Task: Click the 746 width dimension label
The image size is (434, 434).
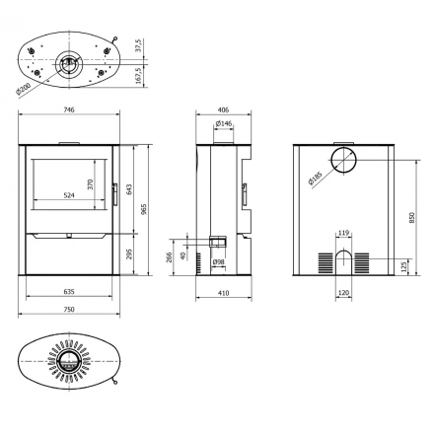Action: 69,109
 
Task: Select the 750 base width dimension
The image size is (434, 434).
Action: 69,309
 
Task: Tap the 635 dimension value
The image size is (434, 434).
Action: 69,291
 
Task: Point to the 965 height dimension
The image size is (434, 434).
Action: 144,209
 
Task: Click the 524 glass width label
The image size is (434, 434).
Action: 69,195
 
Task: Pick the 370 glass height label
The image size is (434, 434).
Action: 91,184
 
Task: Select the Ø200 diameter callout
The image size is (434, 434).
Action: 24,89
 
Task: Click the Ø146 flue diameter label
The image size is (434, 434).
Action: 224,123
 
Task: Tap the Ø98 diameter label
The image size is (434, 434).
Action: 218,262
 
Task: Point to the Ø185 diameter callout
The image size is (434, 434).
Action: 316,179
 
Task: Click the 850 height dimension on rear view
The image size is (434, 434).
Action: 412,218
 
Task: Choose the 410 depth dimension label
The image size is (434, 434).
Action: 224,293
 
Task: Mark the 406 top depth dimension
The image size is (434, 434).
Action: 224,109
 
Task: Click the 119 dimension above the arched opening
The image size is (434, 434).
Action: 343,233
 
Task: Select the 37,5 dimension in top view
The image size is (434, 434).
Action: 138,45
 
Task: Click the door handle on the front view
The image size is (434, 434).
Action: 114,194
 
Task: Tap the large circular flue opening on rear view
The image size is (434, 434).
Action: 343,160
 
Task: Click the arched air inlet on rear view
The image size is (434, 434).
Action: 343,262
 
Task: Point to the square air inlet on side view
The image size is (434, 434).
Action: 218,241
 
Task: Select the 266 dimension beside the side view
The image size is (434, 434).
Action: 170,256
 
